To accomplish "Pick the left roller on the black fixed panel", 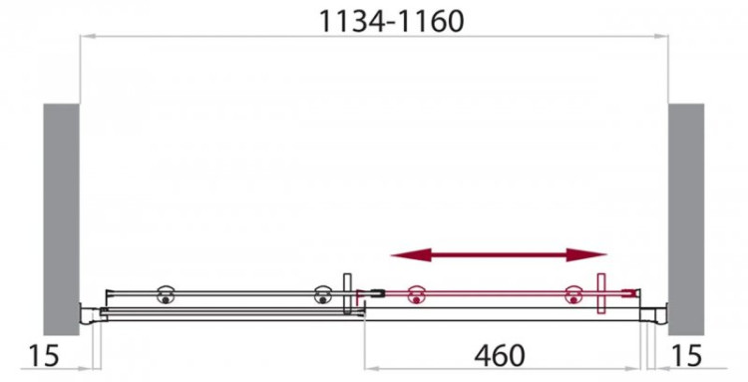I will tap(163, 295).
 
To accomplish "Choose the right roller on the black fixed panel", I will tap(322, 295).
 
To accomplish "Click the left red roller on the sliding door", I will tap(416, 295).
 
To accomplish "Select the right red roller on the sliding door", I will tap(572, 295).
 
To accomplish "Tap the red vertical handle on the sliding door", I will tap(601, 294).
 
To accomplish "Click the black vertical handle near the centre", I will tap(346, 294).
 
